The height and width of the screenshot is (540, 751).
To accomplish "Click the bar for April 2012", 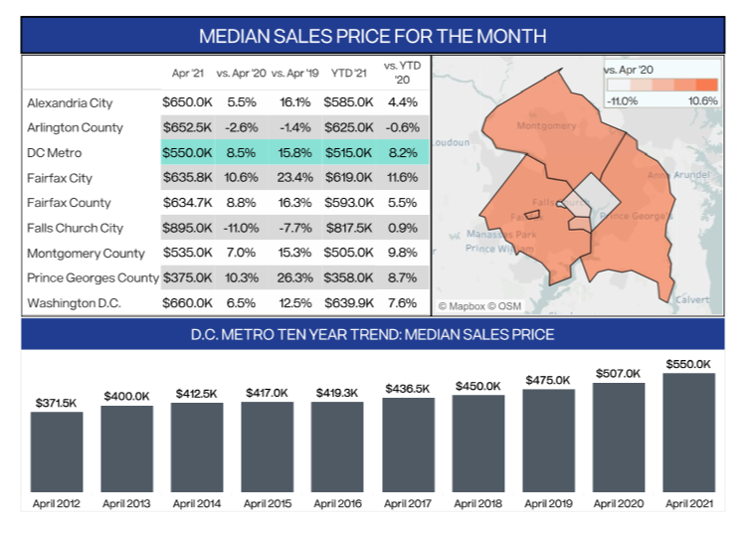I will point(56,451).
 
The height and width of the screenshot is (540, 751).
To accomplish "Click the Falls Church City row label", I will point(76,228).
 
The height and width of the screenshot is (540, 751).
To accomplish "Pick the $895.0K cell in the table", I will point(187,228).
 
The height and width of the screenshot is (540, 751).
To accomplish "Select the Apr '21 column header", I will point(188,75).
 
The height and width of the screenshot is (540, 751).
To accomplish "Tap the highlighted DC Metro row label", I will point(56,152).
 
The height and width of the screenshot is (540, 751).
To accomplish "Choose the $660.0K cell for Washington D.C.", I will point(187,302).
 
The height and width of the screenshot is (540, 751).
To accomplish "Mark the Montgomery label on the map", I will point(546,126).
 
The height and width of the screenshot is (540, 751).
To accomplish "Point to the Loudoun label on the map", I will point(451,142).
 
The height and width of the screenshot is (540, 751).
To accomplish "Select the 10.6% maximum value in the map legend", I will point(702,100).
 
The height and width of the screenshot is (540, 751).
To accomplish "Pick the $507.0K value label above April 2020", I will point(618,374).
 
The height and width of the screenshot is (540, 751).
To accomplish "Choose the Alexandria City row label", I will point(70,102).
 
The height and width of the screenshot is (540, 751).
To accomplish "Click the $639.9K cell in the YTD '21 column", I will point(347,302).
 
